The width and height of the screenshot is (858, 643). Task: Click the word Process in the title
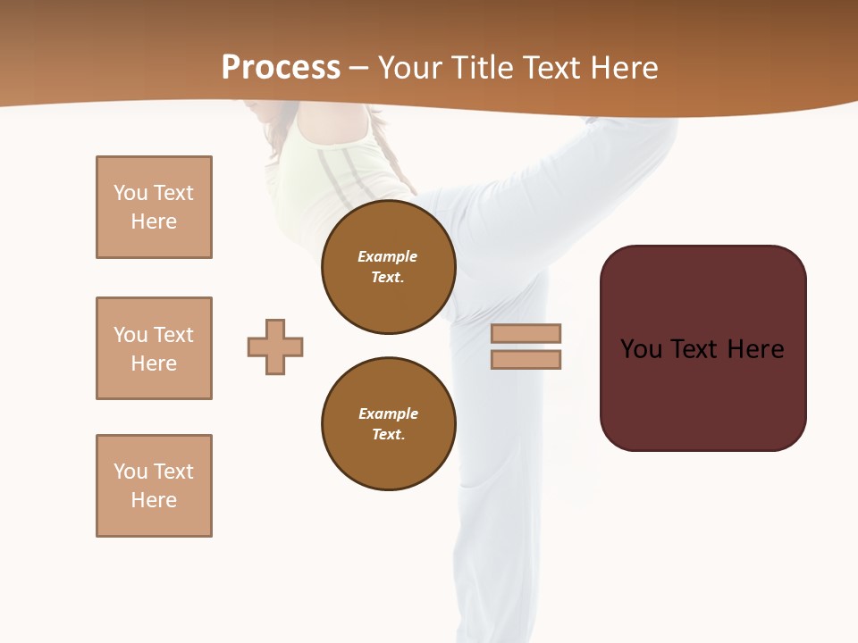pos(281,68)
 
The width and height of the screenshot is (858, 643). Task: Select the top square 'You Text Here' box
pos(154,207)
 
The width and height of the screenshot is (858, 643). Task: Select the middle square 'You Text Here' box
pos(154,348)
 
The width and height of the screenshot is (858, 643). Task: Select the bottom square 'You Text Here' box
pos(154,486)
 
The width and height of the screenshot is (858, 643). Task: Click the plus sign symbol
pos(275,347)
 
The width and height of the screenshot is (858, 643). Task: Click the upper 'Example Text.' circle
pos(388,267)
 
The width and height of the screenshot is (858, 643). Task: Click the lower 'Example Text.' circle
pos(388,424)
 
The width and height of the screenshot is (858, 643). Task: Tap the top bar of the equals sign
pos(526,333)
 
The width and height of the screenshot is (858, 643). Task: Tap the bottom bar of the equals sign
pos(526,360)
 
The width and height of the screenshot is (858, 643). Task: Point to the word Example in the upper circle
pos(388,257)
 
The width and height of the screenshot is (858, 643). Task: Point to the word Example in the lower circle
pos(388,414)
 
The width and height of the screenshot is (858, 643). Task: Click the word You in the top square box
pos(130,193)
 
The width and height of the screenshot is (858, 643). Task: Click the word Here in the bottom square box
pos(154,500)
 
